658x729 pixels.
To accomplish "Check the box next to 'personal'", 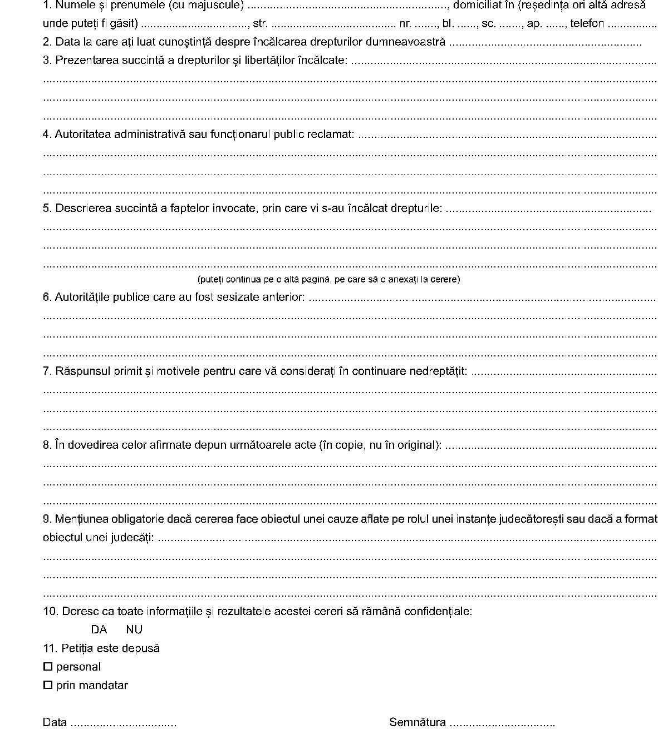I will coord(48,667).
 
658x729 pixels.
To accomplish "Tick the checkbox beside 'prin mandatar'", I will coord(48,685).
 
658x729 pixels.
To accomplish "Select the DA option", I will coord(99,629).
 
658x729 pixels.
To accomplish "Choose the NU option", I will coord(134,629).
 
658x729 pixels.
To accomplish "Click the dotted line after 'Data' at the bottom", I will coord(124,723).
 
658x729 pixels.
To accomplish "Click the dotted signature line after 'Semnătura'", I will coord(502,723).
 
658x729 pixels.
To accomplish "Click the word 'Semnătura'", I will coord(418,722).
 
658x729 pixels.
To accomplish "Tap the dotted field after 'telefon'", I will coord(632,24).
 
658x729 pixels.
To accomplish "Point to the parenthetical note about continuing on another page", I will coord(328,279).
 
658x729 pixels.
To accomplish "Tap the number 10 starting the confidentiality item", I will coord(50,611).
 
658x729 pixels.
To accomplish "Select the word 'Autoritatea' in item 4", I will coord(83,135).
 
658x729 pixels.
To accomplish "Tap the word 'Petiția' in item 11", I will coord(78,648).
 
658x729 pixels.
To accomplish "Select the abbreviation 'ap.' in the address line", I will coord(534,24).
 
